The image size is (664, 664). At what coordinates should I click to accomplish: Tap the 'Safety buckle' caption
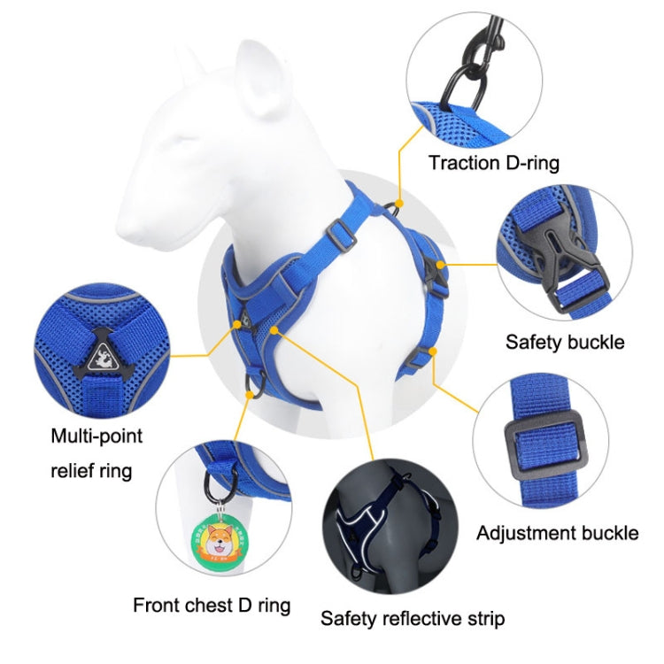(565, 342)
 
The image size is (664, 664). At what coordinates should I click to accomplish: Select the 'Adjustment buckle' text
(557, 533)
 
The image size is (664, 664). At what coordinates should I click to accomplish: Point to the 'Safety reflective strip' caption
(413, 618)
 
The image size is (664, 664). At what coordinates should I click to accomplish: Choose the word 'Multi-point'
(97, 436)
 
